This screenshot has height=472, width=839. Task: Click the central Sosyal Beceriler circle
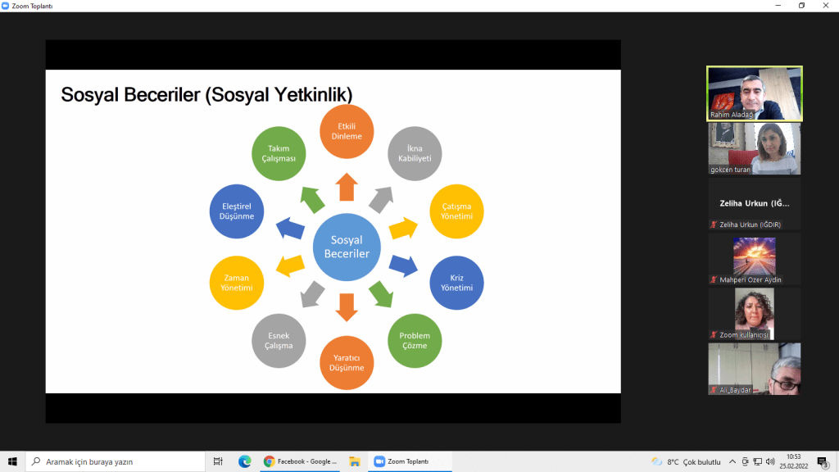(x=347, y=247)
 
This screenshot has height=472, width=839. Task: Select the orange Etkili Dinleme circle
(x=347, y=131)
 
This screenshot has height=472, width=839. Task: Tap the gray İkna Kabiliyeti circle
(x=415, y=153)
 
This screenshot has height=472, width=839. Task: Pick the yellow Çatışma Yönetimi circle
(x=456, y=211)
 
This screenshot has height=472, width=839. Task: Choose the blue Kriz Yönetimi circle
(x=456, y=283)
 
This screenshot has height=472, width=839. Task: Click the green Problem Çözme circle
(x=415, y=340)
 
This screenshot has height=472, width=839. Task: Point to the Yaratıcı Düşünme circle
(x=347, y=363)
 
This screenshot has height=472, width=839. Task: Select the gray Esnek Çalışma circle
(x=279, y=340)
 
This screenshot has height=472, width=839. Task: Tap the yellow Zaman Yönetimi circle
(x=237, y=283)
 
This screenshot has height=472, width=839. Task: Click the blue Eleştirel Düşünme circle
(x=237, y=211)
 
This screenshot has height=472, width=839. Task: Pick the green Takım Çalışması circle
(x=279, y=153)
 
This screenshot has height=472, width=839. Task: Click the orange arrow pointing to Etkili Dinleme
(x=347, y=187)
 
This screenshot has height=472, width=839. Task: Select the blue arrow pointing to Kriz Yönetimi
(x=403, y=265)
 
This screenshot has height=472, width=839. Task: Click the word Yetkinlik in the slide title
(x=314, y=95)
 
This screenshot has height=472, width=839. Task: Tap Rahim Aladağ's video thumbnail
(x=755, y=93)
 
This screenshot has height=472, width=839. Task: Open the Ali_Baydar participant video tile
(x=755, y=369)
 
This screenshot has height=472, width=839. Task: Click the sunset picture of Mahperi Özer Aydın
(x=755, y=256)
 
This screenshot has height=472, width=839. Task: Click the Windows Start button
(x=12, y=461)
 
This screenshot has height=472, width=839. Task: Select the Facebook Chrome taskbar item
(x=300, y=461)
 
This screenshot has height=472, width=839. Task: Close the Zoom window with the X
(x=826, y=6)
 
